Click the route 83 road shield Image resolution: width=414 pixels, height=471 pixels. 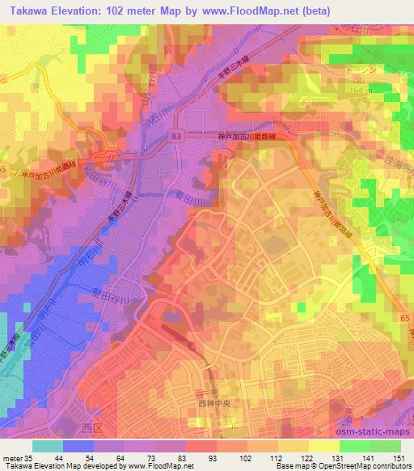pos(176,138)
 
